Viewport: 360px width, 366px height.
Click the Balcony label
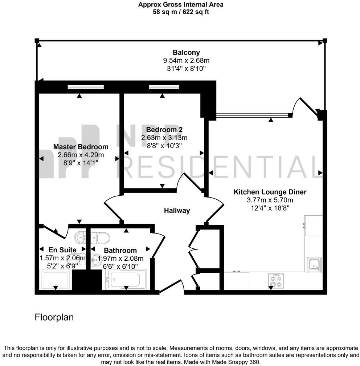[x=186, y=53]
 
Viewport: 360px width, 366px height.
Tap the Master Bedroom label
[x=81, y=147]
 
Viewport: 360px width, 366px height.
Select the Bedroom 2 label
[x=164, y=130]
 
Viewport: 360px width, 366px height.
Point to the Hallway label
[x=177, y=211]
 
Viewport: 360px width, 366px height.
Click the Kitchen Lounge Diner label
[x=270, y=192]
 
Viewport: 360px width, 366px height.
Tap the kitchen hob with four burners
[x=276, y=281]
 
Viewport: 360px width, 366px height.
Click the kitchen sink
[x=314, y=265]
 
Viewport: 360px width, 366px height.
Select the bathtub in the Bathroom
[x=126, y=280]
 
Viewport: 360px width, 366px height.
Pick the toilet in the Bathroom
[x=100, y=238]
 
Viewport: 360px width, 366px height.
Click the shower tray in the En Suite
[x=56, y=280]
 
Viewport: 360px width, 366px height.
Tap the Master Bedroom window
[x=86, y=87]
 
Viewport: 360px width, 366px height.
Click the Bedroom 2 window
[x=164, y=87]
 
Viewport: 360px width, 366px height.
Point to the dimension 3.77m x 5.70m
[x=270, y=200]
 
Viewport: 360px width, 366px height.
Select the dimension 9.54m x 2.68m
[x=186, y=60]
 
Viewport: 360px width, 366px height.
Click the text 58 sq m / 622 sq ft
[x=181, y=12]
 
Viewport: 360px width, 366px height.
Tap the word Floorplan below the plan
[x=54, y=317]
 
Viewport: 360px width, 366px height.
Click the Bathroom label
[x=120, y=251]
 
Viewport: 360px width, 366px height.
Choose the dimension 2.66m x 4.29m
[x=81, y=155]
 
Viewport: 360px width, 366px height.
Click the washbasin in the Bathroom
[x=96, y=260]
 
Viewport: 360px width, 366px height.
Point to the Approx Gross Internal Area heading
[x=181, y=4]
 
